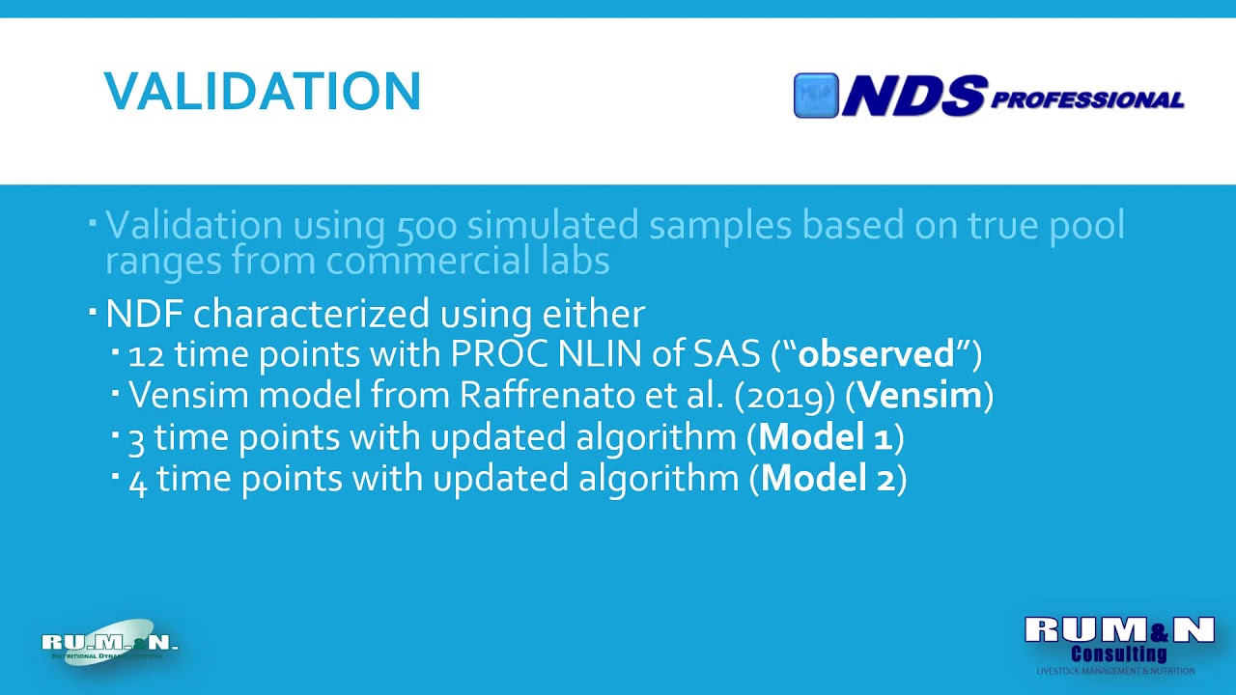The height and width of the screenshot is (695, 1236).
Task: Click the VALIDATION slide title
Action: coord(262,92)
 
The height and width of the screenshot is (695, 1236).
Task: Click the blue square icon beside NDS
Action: coord(816,96)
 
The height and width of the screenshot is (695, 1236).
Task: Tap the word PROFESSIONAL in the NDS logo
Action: coord(1087,100)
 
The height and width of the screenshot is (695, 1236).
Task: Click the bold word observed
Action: coord(876,354)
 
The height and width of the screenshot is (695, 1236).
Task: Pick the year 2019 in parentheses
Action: coord(783,396)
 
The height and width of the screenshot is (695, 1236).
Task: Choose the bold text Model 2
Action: coord(828,479)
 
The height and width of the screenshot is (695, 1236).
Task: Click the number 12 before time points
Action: coord(145,355)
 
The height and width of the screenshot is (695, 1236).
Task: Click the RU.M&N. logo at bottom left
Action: coord(109,643)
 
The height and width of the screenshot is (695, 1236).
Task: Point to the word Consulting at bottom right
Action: coord(1119,654)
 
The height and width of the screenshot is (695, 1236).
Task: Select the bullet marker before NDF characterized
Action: coord(93,312)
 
